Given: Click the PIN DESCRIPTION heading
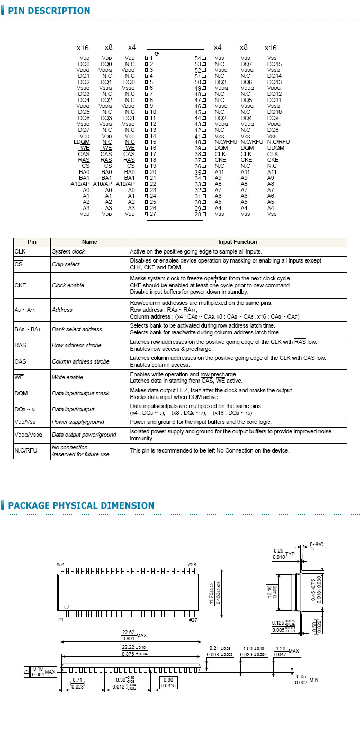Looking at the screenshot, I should [x=49, y=11].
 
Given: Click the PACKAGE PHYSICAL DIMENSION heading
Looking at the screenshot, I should [x=81, y=505].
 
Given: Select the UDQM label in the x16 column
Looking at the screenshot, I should [x=276, y=148].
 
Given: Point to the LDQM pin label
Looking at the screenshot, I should [x=82, y=142].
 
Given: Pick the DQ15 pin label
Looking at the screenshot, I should [x=274, y=64].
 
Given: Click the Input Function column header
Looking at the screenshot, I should [x=238, y=242].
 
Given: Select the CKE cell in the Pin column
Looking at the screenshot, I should [x=20, y=285].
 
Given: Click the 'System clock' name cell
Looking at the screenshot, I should [x=68, y=251].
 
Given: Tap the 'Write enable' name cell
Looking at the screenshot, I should [x=67, y=377].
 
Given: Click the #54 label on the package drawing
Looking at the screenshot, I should [x=61, y=565].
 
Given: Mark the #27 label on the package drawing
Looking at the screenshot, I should [x=193, y=619].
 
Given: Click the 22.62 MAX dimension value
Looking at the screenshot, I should [x=128, y=632].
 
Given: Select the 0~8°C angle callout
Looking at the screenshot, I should [x=317, y=544].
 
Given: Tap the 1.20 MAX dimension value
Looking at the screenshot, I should [x=281, y=649].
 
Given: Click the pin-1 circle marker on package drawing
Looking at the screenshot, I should [x=67, y=606].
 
